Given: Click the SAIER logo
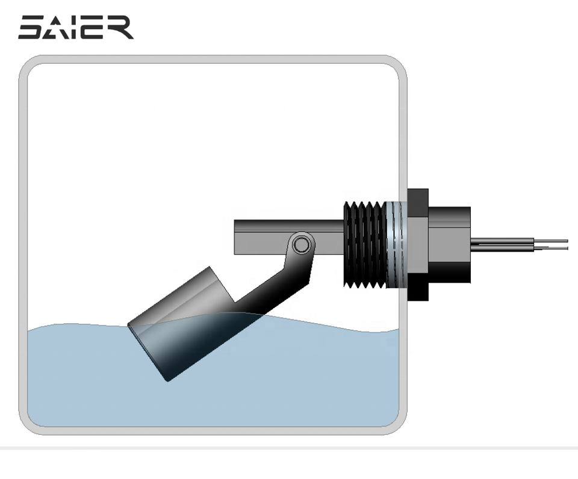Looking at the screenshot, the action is coord(76,27).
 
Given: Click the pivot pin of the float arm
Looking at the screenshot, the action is coord(302,244).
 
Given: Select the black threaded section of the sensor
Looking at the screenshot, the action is coord(365,245).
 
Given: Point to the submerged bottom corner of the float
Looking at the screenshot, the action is coord(168,381).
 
